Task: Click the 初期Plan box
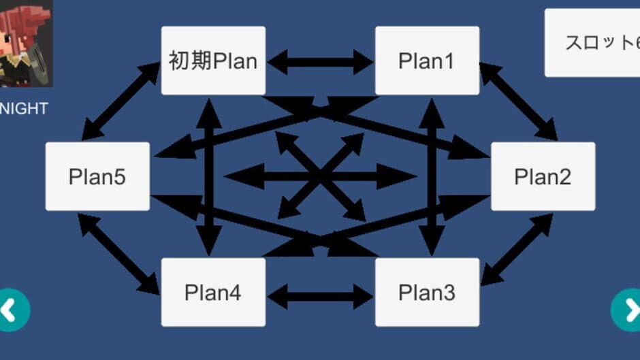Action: (x=213, y=61)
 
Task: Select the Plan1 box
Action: (x=427, y=61)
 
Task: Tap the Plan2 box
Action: (x=543, y=176)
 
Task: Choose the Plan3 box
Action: (x=427, y=293)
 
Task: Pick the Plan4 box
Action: (x=213, y=293)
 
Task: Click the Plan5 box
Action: (x=97, y=176)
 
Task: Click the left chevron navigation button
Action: (x=12, y=310)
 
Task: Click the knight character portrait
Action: (x=25, y=42)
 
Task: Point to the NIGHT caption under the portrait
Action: (x=24, y=108)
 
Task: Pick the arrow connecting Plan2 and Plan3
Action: (x=517, y=249)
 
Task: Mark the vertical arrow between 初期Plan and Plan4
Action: (x=210, y=176)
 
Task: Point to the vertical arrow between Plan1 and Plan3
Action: (x=431, y=176)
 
